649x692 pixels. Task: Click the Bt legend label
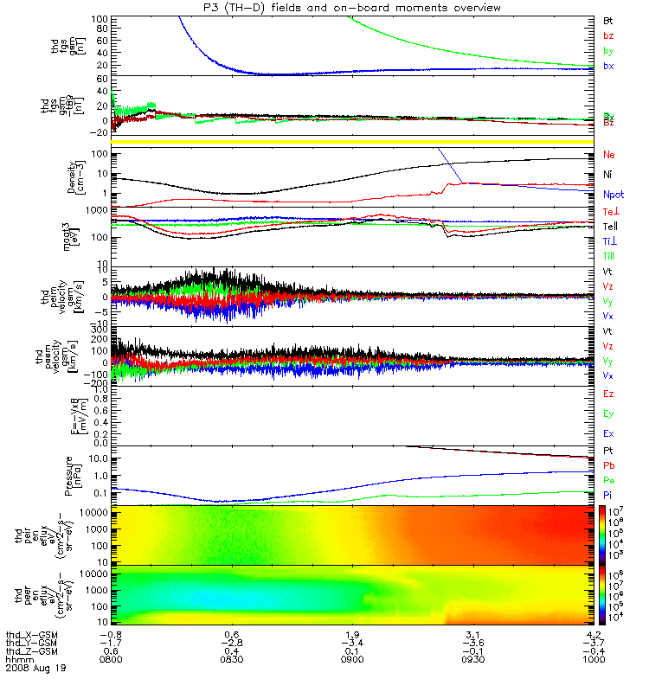[609, 19]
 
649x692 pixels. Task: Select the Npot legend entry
[612, 196]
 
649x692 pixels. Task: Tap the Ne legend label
[609, 155]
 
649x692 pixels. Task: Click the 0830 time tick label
[231, 658]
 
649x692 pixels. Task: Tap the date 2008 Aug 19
[35, 669]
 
